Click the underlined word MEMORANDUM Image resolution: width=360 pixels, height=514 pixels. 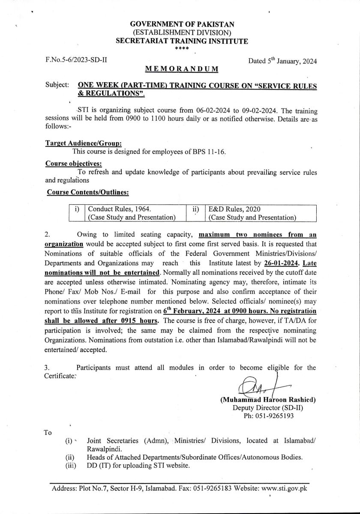pos(182,69)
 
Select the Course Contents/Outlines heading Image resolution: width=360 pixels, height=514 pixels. pos(88,193)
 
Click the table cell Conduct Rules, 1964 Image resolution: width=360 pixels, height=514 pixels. pos(120,209)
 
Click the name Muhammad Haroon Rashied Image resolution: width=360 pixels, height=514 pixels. pos(268,400)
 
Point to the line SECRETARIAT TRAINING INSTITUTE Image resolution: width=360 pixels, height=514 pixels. pos(182,41)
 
